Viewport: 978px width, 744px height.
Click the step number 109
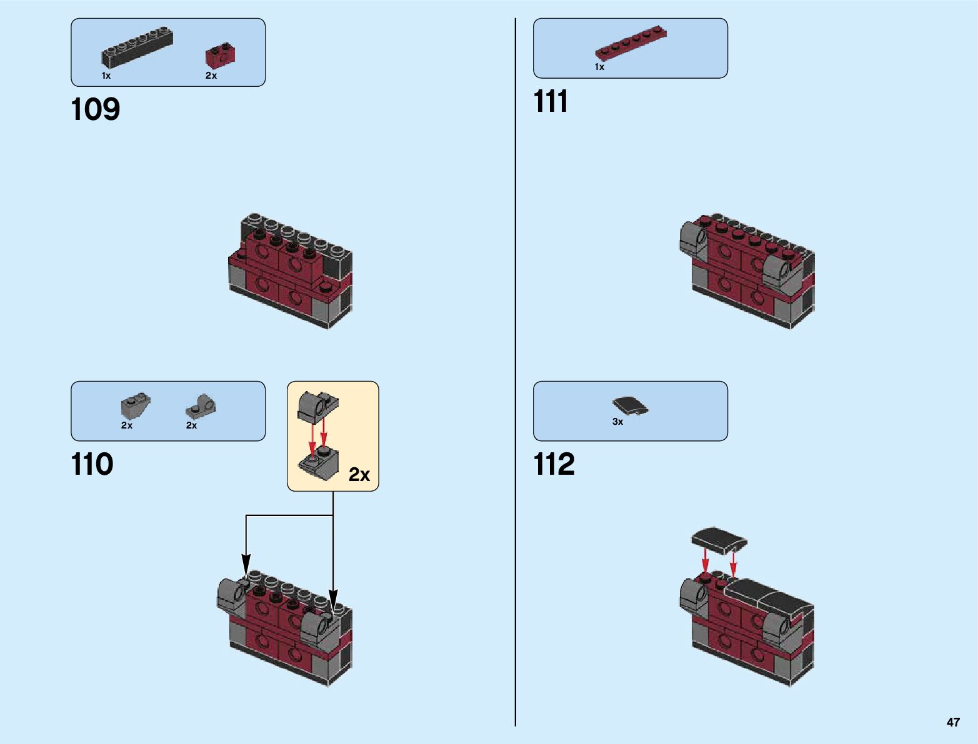tap(96, 109)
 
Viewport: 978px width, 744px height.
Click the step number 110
tap(92, 465)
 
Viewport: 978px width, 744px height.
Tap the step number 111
tap(551, 102)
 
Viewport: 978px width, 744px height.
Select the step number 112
tap(554, 465)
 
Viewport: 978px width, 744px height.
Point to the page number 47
tap(952, 722)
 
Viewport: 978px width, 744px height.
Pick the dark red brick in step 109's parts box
tap(220, 56)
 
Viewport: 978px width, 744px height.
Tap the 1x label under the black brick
tap(106, 76)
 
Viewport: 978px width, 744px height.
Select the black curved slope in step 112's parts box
tap(631, 406)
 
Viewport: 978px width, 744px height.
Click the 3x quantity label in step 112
tap(617, 422)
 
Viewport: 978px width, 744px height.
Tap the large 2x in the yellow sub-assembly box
tap(359, 475)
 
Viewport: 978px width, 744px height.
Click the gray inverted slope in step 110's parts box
tap(135, 407)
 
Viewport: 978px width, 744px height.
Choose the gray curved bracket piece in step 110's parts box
tap(201, 407)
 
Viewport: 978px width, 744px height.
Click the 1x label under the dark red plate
tap(599, 67)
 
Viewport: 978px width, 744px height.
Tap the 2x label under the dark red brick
tap(211, 76)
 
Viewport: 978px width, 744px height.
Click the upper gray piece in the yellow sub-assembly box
tap(317, 406)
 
